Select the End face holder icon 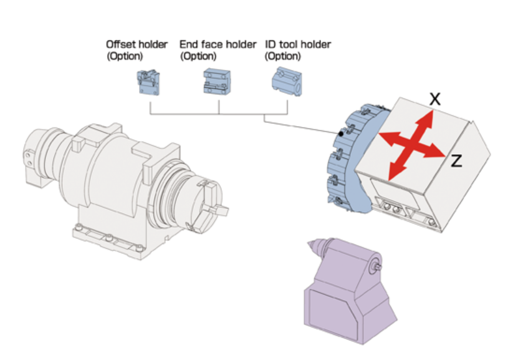pyautogui.click(x=217, y=82)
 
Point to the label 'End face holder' pyautogui.click(x=218, y=45)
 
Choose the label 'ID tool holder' pyautogui.click(x=298, y=45)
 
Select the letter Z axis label pyautogui.click(x=456, y=162)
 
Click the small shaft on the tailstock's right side pyautogui.click(x=378, y=265)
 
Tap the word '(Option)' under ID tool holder pyautogui.click(x=283, y=56)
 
